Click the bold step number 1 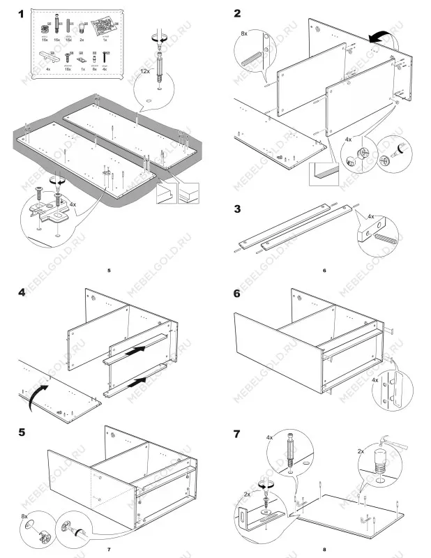[22, 13]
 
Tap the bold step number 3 [238, 209]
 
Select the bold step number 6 [238, 294]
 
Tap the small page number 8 [324, 550]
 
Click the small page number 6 [324, 269]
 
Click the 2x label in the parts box [84, 41]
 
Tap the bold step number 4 [22, 294]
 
